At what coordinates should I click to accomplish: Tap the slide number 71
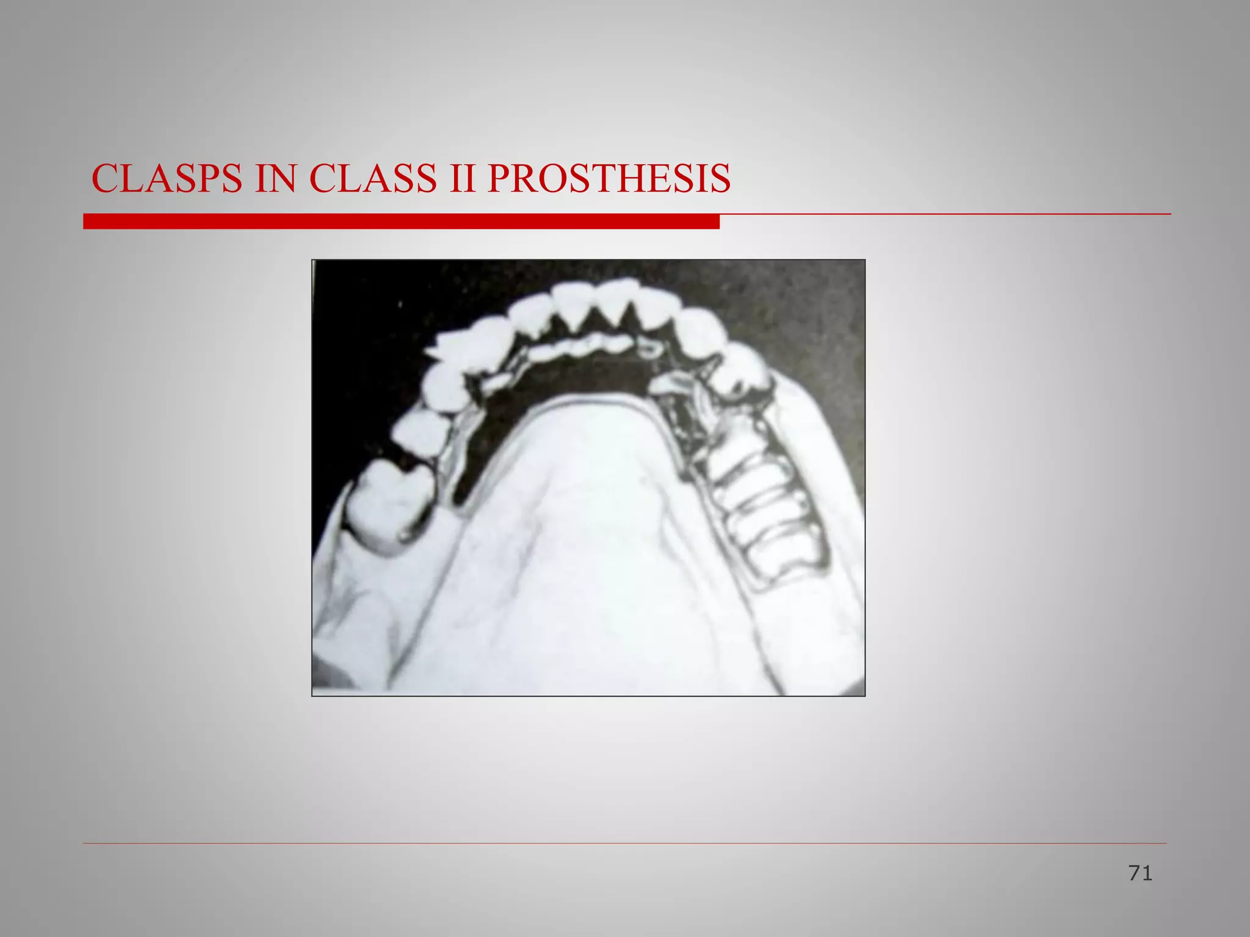point(1140,874)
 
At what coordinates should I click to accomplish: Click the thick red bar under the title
point(401,221)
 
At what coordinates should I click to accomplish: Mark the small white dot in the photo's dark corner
point(400,303)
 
